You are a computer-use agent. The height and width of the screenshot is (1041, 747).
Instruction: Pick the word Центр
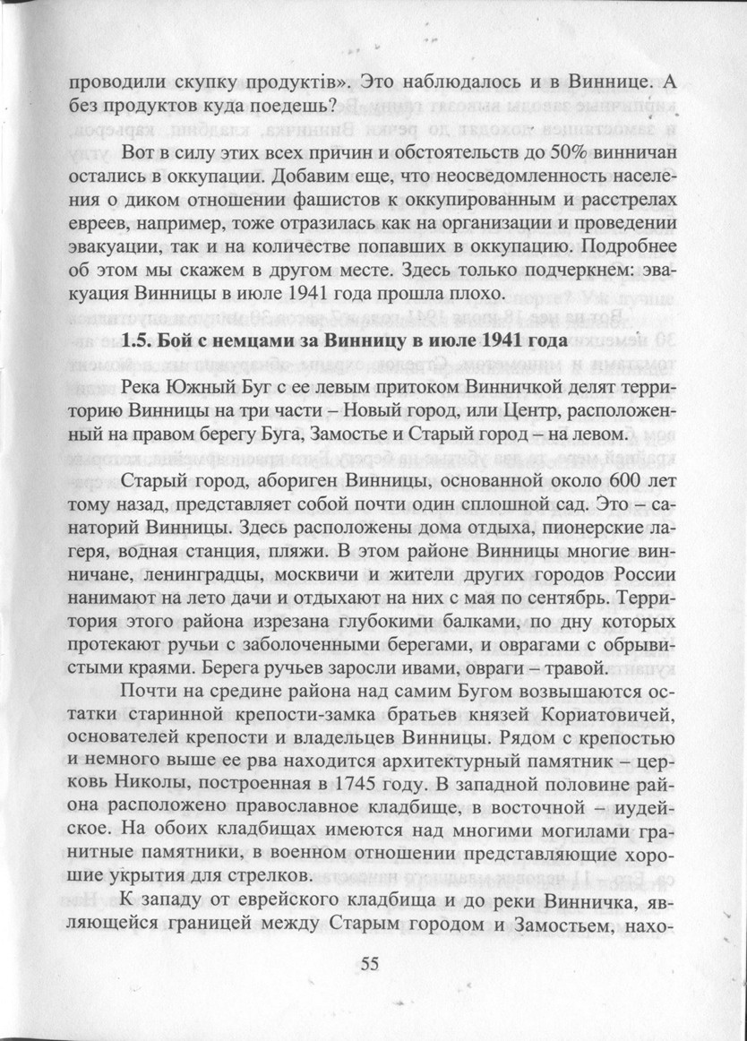pyautogui.click(x=519, y=410)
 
